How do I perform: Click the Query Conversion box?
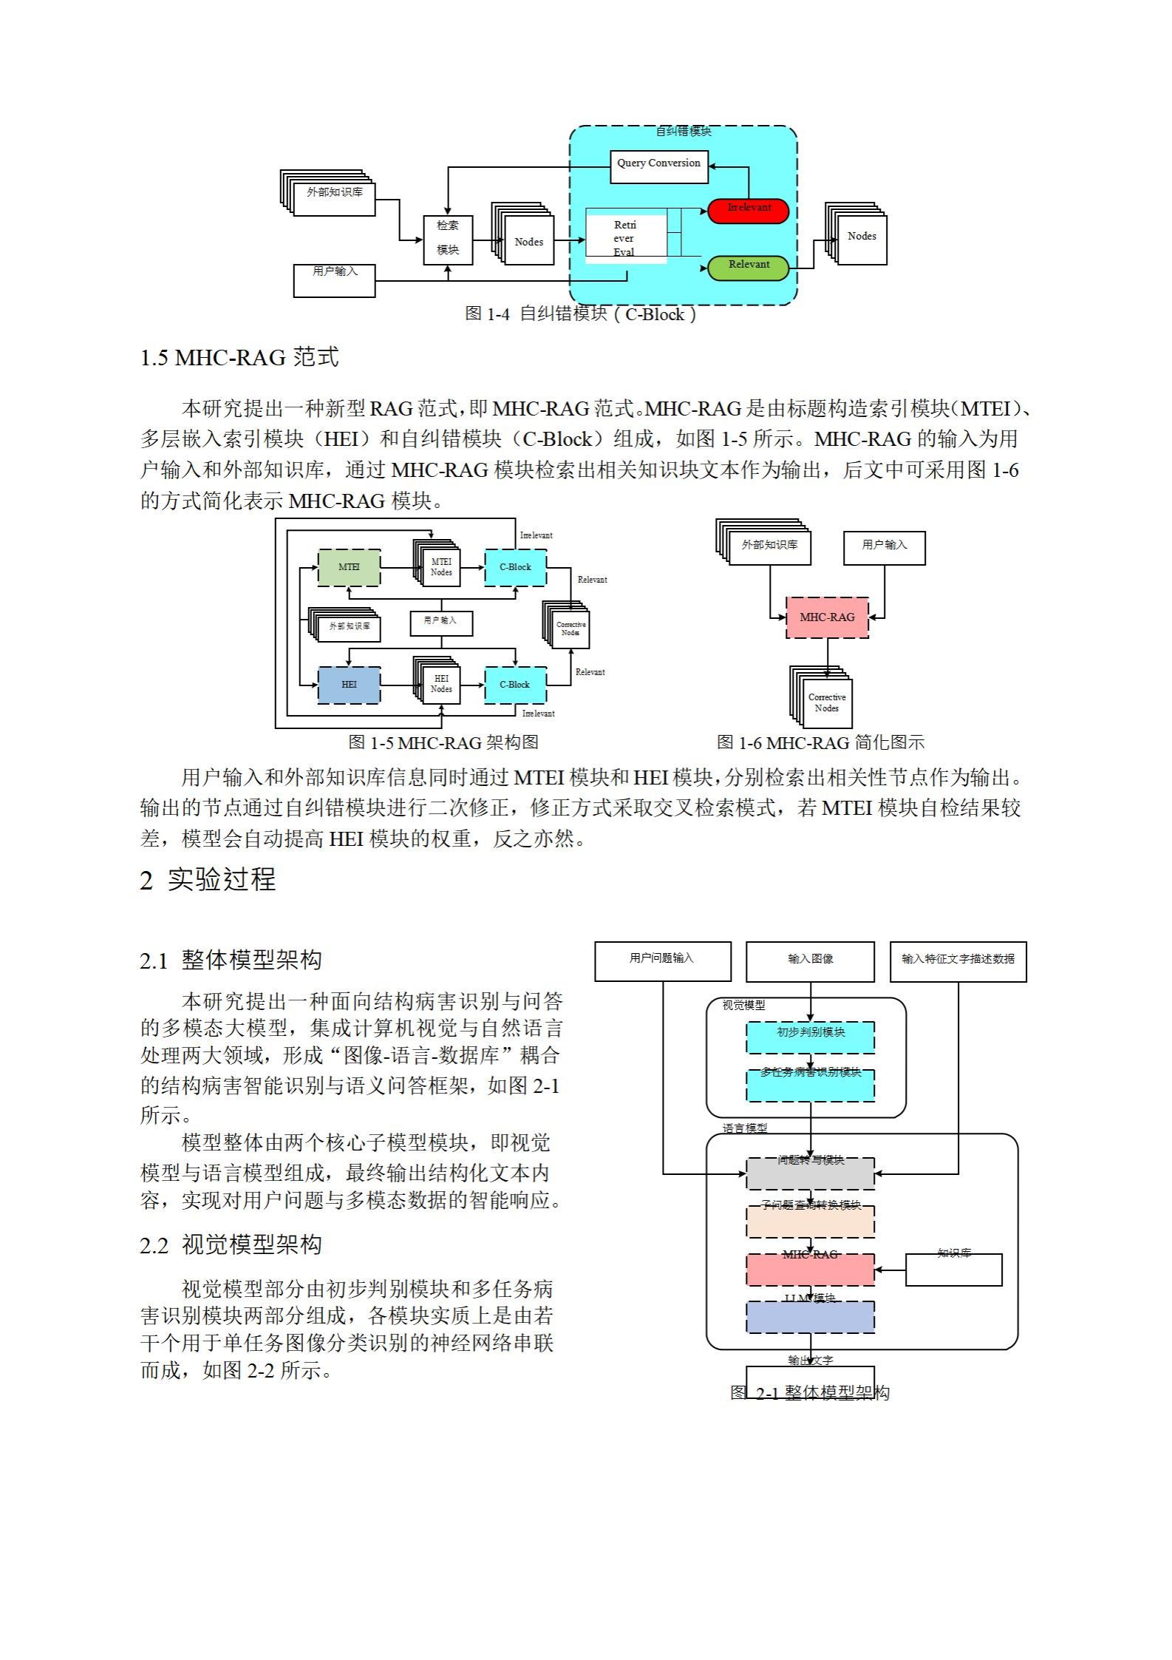click(x=658, y=166)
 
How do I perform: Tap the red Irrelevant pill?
click(x=748, y=211)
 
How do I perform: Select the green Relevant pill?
click(x=748, y=268)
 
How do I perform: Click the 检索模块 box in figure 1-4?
click(x=448, y=240)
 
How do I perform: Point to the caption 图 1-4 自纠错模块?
click(x=580, y=314)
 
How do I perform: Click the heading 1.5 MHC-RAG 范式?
click(x=239, y=358)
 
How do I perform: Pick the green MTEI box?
click(x=349, y=568)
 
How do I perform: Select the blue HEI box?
click(x=349, y=685)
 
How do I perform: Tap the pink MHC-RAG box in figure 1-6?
click(x=827, y=617)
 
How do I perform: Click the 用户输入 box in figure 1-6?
click(x=884, y=548)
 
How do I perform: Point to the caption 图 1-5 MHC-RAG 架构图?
click(x=443, y=742)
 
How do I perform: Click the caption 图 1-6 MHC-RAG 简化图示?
click(x=820, y=742)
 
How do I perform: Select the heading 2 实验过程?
click(x=208, y=880)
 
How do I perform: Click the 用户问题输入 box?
click(x=662, y=961)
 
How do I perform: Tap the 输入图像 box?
click(x=810, y=961)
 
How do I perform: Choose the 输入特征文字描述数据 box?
click(x=958, y=961)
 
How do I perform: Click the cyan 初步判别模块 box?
click(x=810, y=1037)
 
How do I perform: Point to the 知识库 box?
click(x=953, y=1270)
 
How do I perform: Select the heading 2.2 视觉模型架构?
click(x=231, y=1245)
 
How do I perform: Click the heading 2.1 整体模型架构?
click(x=231, y=961)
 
